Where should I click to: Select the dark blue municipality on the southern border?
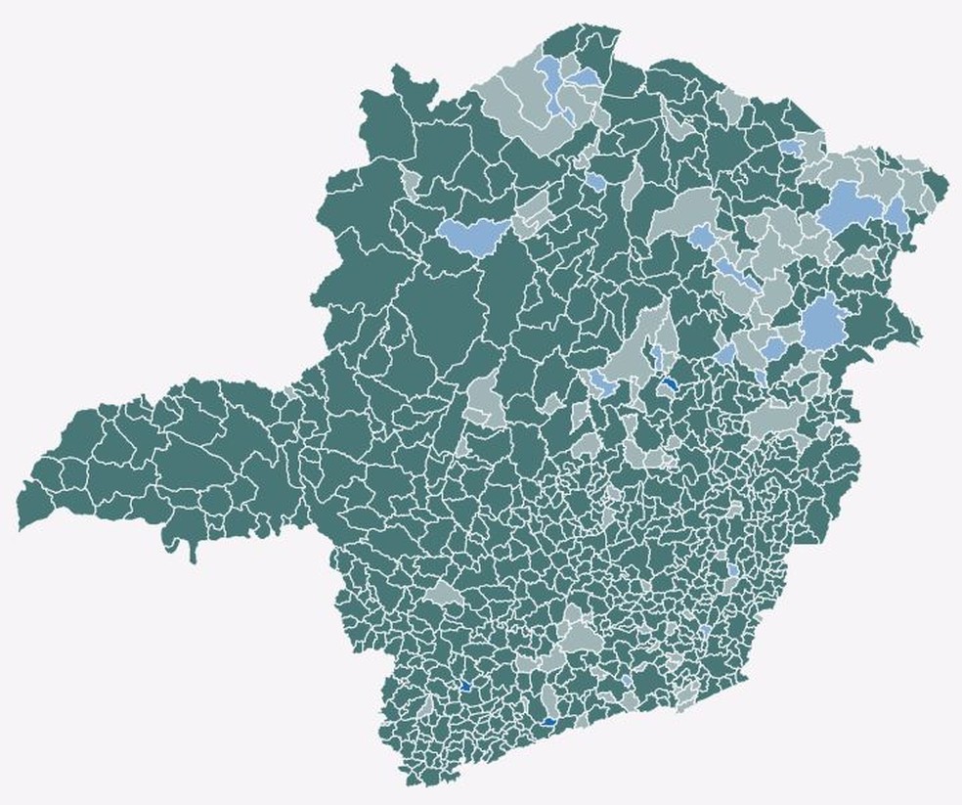[548, 722]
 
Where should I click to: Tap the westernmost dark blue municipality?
[465, 687]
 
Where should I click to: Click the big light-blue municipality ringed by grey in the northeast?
[847, 205]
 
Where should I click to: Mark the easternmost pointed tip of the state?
[947, 182]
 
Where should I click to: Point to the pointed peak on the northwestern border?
[398, 68]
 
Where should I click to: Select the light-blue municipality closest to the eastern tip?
[897, 212]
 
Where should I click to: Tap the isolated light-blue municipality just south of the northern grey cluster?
[595, 181]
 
